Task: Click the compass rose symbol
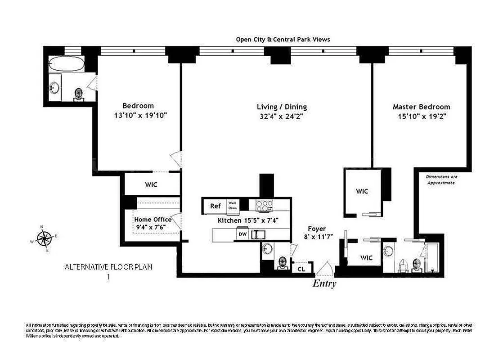coord(44,238)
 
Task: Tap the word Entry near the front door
coord(324,283)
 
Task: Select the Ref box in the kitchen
coord(216,206)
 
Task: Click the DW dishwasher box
coord(243,234)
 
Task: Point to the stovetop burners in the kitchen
coord(265,206)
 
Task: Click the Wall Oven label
coord(233,206)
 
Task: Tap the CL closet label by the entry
coord(301,269)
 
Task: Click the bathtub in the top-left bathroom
coord(66,63)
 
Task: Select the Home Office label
coord(153,219)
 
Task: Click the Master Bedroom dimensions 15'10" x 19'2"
coord(421,116)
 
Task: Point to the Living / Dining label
coord(282,107)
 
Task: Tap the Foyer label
coord(317,229)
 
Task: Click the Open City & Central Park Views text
coord(283,39)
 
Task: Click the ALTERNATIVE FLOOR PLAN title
coord(108,267)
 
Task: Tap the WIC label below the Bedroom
coord(151,184)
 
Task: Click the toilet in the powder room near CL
coord(283,262)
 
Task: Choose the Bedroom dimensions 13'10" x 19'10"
coord(141,115)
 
